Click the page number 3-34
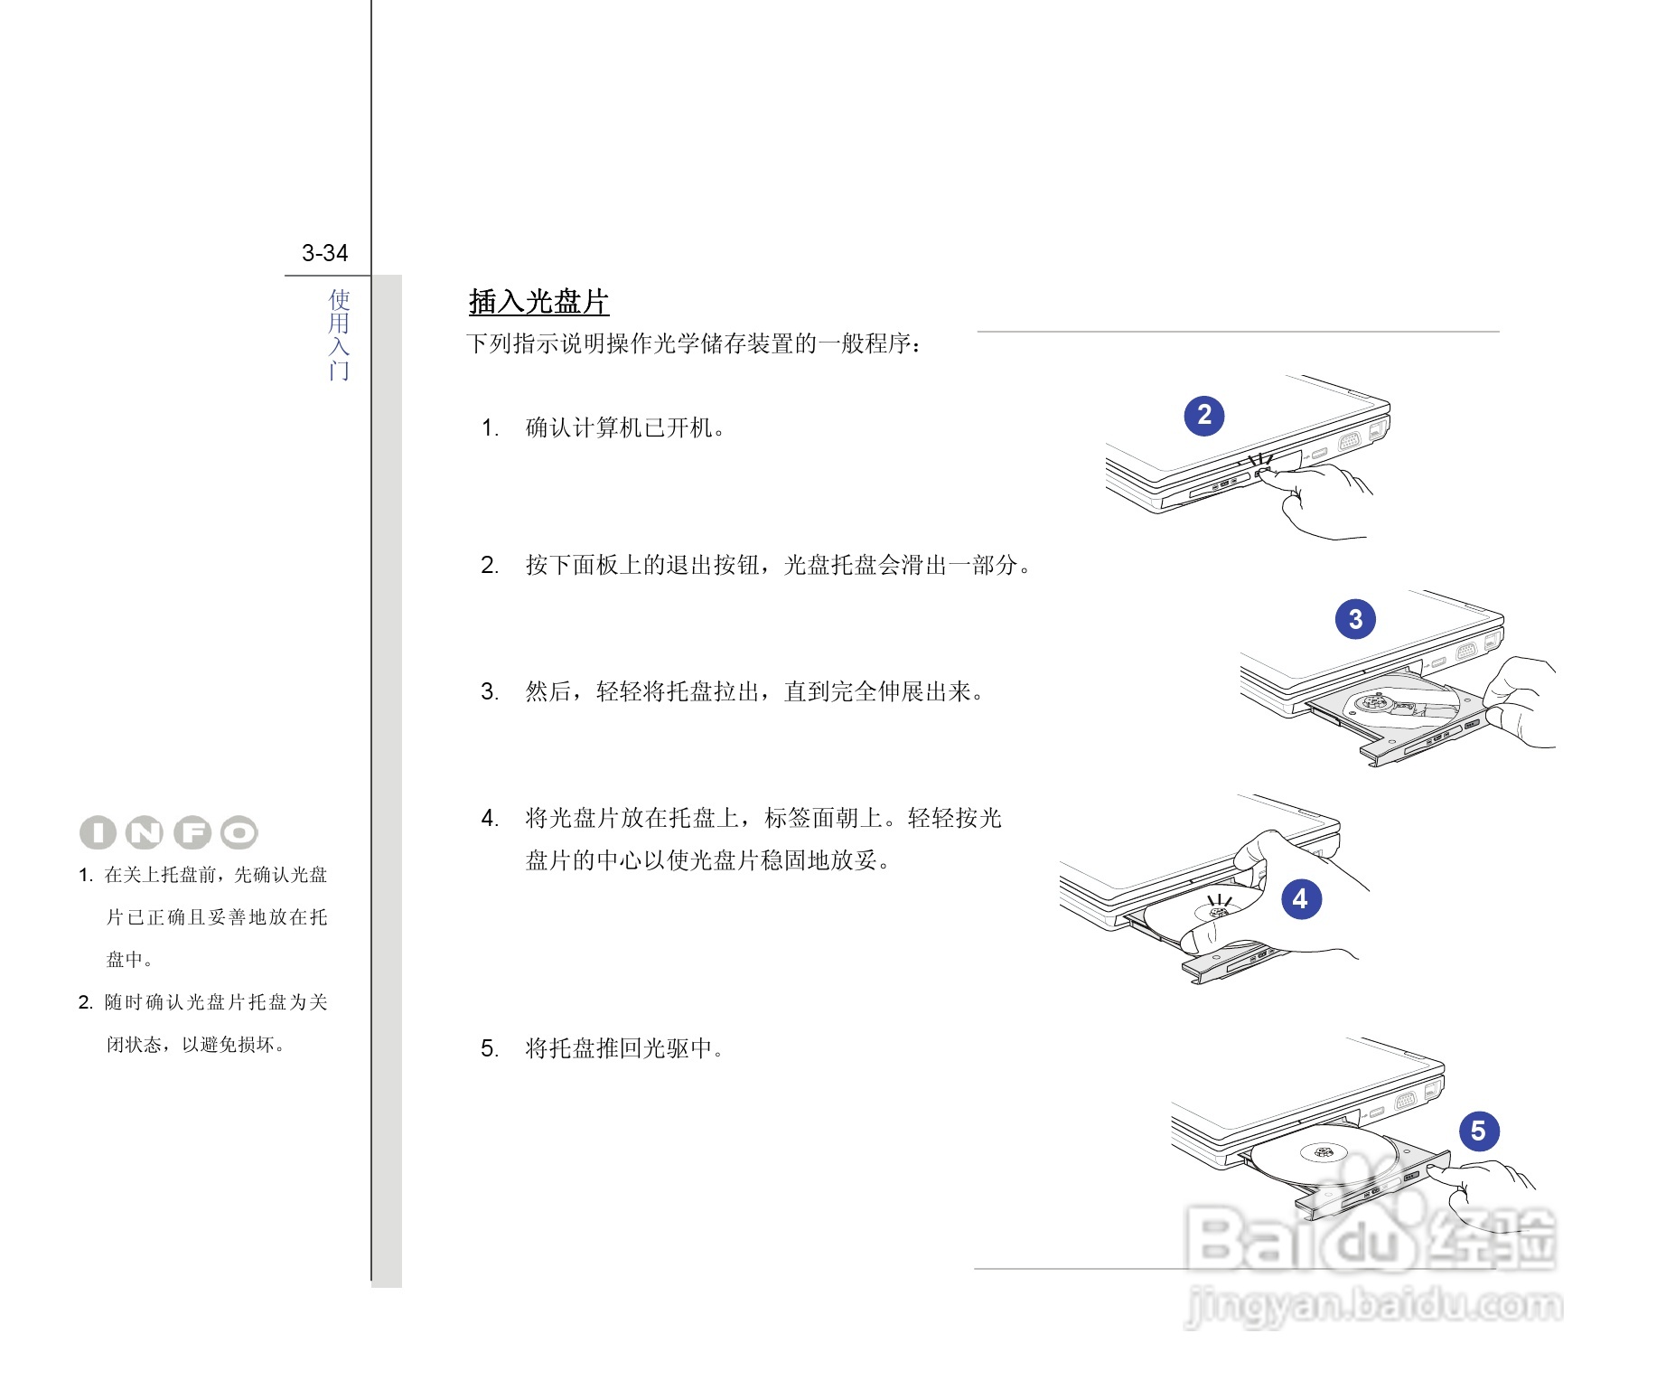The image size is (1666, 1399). [324, 253]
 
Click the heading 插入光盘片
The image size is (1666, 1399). [538, 302]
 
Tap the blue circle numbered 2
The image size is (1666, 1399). [1203, 416]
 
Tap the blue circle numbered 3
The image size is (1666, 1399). [1355, 619]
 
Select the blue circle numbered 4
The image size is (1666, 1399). [1300, 899]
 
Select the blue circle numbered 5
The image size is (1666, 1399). [1478, 1131]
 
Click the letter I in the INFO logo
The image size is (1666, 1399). [98, 833]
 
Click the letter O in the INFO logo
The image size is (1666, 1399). [239, 833]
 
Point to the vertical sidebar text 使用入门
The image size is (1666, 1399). [339, 334]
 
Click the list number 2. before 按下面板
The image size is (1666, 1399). [489, 566]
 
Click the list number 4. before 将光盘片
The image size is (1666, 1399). [489, 819]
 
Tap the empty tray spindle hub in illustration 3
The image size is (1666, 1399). [1373, 701]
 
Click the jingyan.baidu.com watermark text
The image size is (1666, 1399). [1373, 1305]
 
